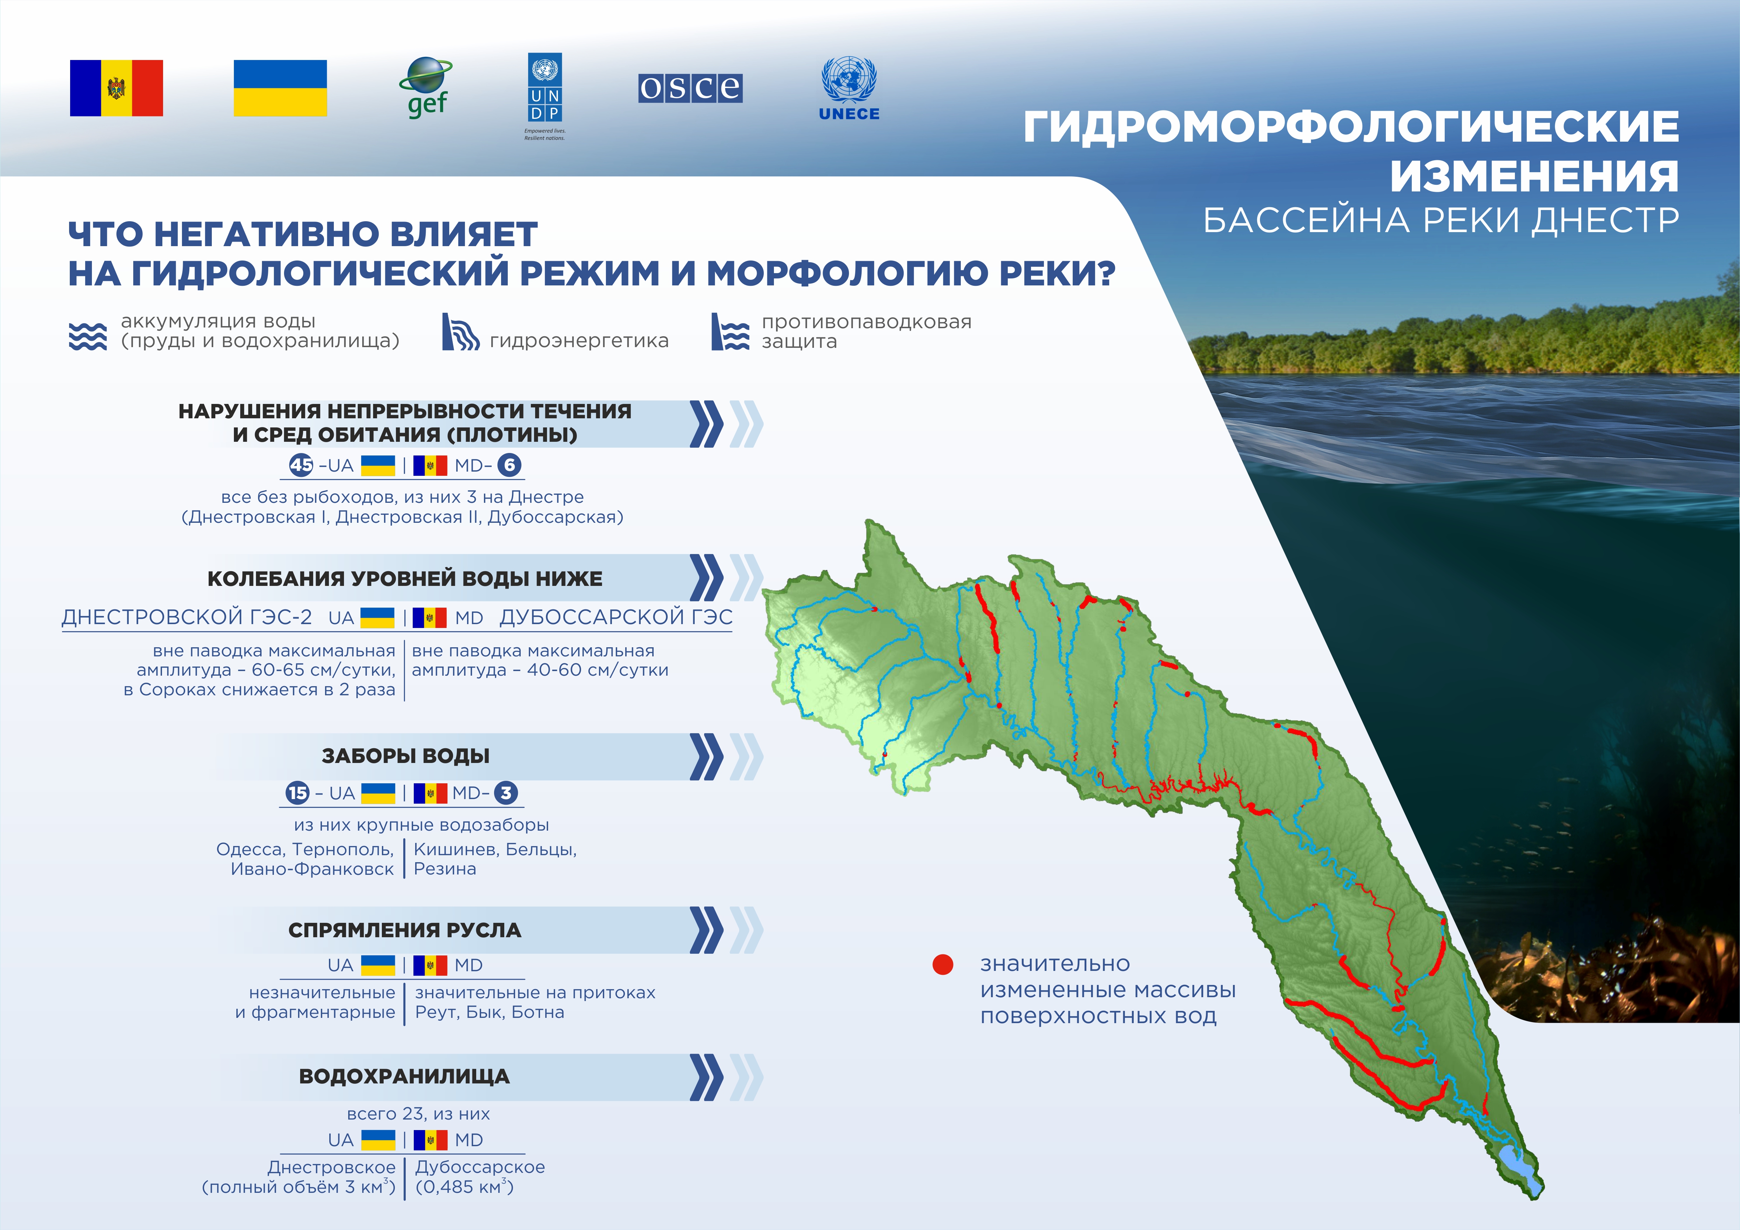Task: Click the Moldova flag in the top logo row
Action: pyautogui.click(x=116, y=88)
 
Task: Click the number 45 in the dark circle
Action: pyautogui.click(x=301, y=465)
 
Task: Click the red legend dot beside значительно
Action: pyautogui.click(x=943, y=964)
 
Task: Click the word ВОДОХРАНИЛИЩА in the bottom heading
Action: pyautogui.click(x=405, y=1076)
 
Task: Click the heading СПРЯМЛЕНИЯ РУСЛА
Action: pyautogui.click(x=405, y=930)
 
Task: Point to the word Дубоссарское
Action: pyautogui.click(x=480, y=1167)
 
